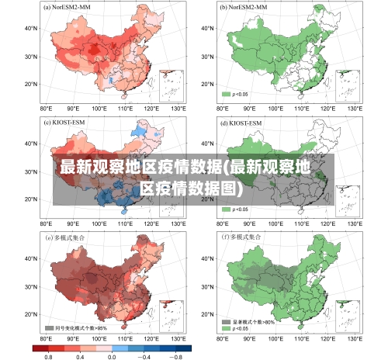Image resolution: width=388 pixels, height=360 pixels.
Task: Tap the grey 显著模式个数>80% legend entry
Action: [x=246, y=320]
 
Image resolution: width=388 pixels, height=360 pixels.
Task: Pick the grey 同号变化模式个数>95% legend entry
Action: [x=75, y=327]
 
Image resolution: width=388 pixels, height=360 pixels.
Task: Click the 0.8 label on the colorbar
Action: [x=47, y=355]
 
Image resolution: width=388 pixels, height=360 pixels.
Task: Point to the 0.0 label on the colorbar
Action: [x=111, y=355]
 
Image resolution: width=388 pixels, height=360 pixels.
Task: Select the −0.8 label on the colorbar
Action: [x=175, y=355]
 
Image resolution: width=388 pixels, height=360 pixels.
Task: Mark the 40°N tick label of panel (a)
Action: [x=30, y=28]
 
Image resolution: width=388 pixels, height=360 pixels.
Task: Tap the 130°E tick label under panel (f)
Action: [x=354, y=339]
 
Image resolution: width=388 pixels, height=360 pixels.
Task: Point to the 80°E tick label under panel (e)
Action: [x=46, y=339]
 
